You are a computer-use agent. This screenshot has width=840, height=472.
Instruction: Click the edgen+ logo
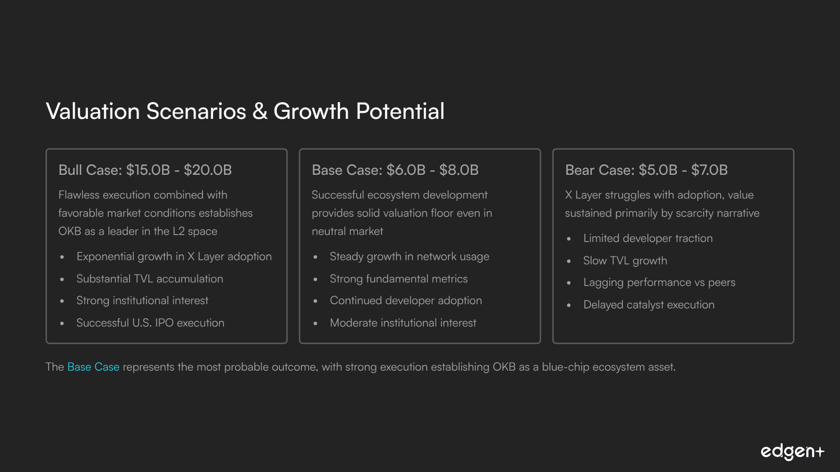pyautogui.click(x=792, y=452)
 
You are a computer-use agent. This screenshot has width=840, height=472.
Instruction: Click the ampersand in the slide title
pyautogui.click(x=260, y=111)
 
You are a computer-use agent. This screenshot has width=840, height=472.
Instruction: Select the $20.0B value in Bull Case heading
pyautogui.click(x=208, y=170)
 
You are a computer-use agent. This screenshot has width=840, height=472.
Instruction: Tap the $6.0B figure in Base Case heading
pyautogui.click(x=406, y=170)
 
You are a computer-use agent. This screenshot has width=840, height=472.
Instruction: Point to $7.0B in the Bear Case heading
pyautogui.click(x=710, y=170)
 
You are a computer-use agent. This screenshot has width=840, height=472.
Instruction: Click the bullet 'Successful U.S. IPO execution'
pyautogui.click(x=150, y=323)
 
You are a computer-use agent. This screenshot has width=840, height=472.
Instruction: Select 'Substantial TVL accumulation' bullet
pyautogui.click(x=150, y=279)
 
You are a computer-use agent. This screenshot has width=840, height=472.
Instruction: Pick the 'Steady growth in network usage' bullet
pyautogui.click(x=409, y=257)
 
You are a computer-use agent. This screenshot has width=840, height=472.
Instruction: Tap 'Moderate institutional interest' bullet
pyautogui.click(x=403, y=323)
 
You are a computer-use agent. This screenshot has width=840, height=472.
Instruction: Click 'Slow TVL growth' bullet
pyautogui.click(x=625, y=261)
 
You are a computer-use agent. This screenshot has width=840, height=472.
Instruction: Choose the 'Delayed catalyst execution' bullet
pyautogui.click(x=649, y=305)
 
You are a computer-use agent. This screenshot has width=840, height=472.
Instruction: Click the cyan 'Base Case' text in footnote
pyautogui.click(x=93, y=367)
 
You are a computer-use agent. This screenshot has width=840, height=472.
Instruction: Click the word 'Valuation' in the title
pyautogui.click(x=93, y=111)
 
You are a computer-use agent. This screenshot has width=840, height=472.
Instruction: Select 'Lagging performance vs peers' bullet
pyautogui.click(x=659, y=283)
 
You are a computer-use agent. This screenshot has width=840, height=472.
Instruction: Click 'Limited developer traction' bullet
pyautogui.click(x=648, y=239)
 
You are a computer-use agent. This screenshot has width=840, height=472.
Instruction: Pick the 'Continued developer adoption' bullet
pyautogui.click(x=406, y=301)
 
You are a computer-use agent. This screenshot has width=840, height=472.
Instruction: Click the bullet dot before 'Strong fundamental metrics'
pyautogui.click(x=315, y=279)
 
